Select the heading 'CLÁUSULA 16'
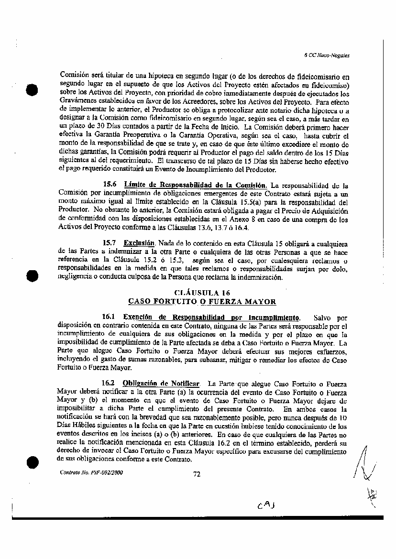click(202, 292)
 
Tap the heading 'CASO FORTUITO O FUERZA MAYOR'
click(202, 301)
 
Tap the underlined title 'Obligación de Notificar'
click(161, 383)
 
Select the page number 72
click(196, 474)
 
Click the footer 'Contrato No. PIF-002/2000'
click(91, 472)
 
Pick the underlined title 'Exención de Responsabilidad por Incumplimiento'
click(212, 317)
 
